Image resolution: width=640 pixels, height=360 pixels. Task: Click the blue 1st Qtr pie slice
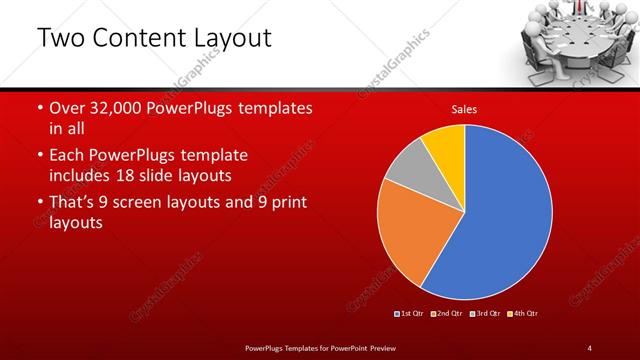(500, 220)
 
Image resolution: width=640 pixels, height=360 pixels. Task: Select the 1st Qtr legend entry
(411, 314)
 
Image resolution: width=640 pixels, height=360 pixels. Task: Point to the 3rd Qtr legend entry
(487, 314)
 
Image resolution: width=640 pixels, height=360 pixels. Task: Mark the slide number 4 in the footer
(590, 347)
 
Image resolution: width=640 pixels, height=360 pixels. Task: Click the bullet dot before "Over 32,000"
(39, 108)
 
